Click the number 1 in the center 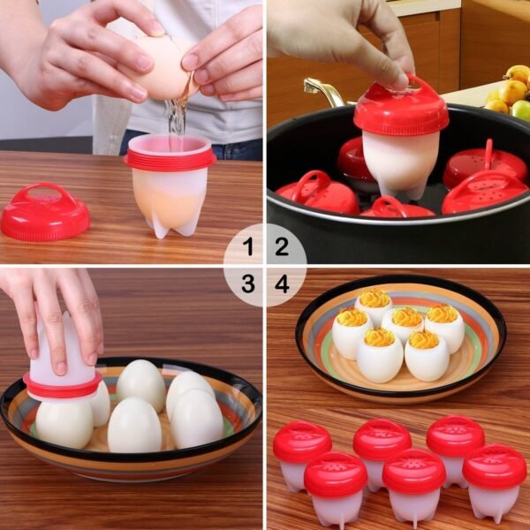(248, 248)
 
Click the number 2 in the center (282, 248)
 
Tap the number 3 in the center (248, 284)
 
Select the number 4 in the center (282, 284)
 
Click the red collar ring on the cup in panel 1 (170, 158)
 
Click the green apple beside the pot (522, 110)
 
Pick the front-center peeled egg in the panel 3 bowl (134, 425)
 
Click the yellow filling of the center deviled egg (406, 316)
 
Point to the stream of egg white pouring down (178, 115)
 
